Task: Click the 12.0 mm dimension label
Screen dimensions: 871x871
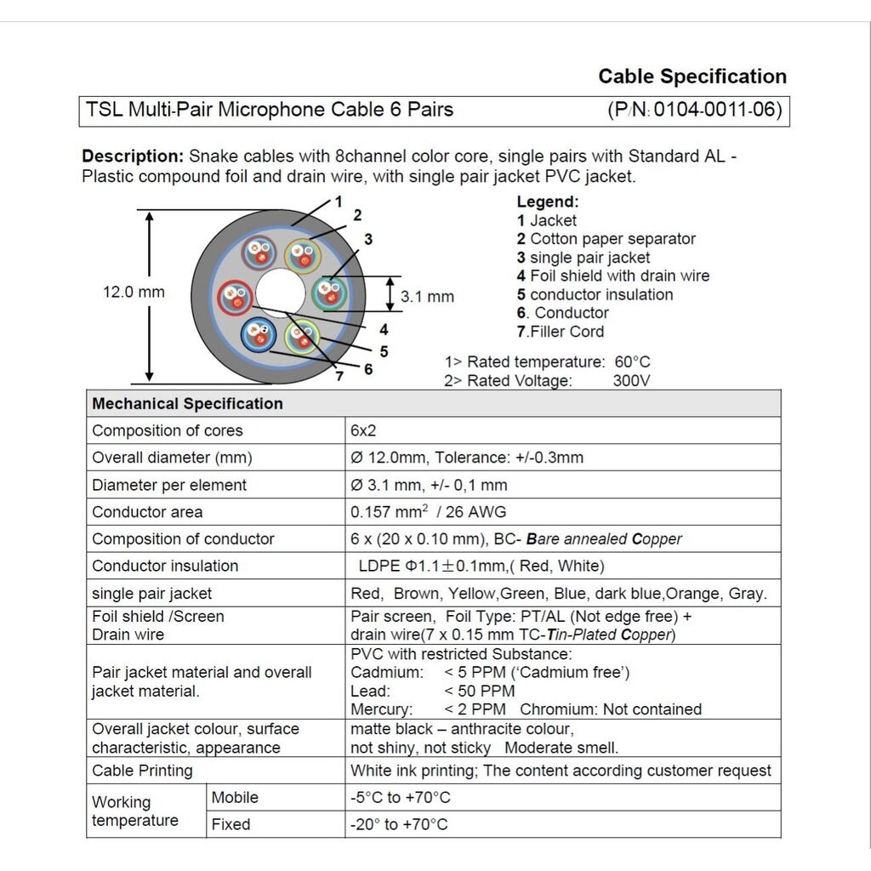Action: point(134,292)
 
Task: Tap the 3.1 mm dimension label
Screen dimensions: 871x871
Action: point(427,297)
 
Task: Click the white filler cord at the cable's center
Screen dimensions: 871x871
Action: point(280,293)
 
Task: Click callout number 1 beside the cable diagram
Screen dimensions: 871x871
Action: point(338,202)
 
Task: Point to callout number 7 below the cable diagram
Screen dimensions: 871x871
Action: point(339,377)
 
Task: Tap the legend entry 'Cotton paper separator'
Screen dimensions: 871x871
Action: point(612,239)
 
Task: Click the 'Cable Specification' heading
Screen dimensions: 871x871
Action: point(692,77)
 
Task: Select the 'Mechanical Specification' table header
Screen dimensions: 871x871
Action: point(187,403)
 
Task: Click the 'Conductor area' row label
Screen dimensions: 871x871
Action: point(147,512)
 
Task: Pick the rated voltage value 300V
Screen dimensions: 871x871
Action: point(631,380)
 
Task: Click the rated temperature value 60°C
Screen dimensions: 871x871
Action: point(632,362)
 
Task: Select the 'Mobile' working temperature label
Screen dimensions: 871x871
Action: point(235,798)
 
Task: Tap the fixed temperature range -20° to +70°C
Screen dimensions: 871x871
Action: point(399,824)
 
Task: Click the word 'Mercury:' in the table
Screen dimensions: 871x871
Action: point(381,709)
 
